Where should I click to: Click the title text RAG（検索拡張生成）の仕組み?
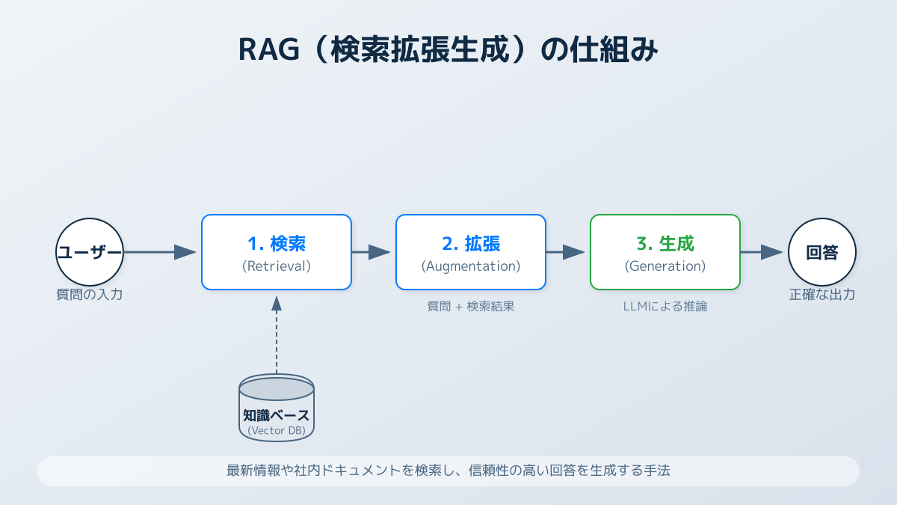(449, 51)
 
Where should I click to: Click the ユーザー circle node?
(90, 252)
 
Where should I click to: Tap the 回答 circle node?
(822, 252)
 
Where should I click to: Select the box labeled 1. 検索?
(277, 252)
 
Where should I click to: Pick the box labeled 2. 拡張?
(471, 252)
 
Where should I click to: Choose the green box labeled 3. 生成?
(665, 252)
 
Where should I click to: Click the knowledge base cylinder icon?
(277, 408)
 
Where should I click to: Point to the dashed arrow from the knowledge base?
(277, 337)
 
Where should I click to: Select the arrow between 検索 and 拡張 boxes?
(372, 252)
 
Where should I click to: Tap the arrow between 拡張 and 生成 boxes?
(567, 252)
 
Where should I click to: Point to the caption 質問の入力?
(90, 295)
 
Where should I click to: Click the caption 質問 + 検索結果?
(471, 306)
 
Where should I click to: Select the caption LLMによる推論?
(665, 306)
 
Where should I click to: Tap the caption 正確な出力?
(822, 295)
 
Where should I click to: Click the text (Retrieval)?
(277, 266)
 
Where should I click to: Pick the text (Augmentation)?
(471, 266)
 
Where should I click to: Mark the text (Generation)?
(665, 266)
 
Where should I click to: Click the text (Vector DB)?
(277, 430)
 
